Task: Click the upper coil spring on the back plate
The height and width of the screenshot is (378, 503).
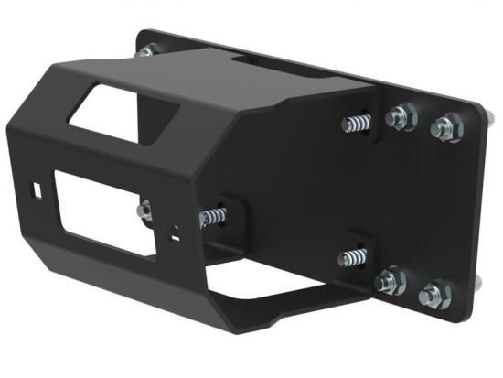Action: coord(359,124)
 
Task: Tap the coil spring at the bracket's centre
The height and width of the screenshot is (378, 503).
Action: coord(214,217)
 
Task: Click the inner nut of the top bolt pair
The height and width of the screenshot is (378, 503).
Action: coord(401,117)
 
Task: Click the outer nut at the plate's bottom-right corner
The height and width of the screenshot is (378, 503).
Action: coord(434,295)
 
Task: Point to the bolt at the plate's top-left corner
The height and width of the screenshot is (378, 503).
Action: coord(144,52)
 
